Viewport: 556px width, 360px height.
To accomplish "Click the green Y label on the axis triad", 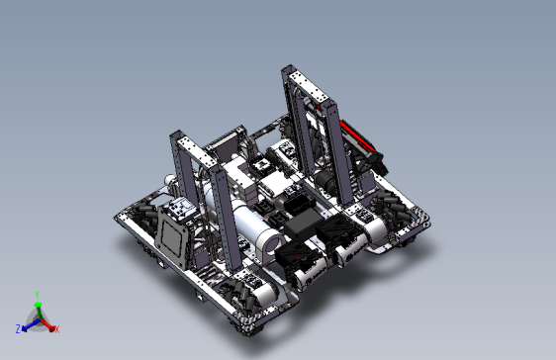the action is point(38,295).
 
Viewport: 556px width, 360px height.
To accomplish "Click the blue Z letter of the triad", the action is point(18,328).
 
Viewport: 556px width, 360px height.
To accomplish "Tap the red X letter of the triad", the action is point(56,329).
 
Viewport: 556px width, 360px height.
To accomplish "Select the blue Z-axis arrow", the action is point(30,325).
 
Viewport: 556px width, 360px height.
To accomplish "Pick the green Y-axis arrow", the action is point(38,310).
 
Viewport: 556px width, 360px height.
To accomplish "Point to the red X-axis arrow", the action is point(47,325).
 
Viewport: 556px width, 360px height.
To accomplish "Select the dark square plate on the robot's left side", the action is point(172,236).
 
